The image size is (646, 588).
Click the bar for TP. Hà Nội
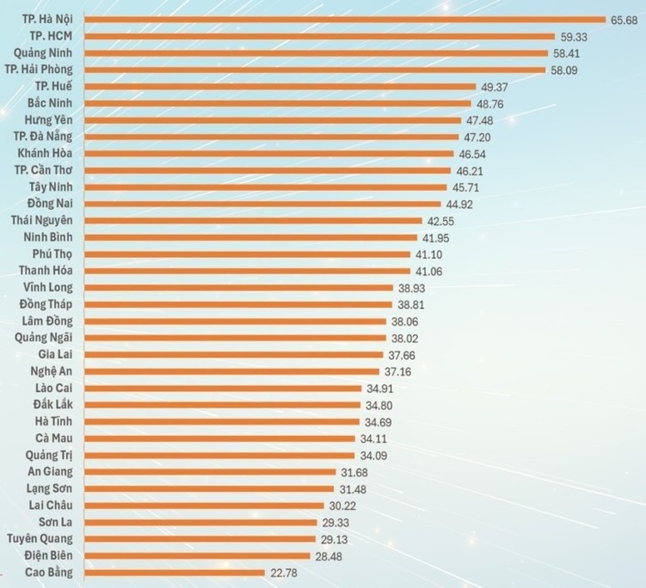click(344, 19)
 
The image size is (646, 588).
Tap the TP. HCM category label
click(49, 36)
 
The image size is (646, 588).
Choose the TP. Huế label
click(55, 86)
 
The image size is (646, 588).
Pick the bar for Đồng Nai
click(263, 203)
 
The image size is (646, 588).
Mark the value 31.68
click(358, 472)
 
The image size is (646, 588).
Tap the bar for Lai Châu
click(204, 505)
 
